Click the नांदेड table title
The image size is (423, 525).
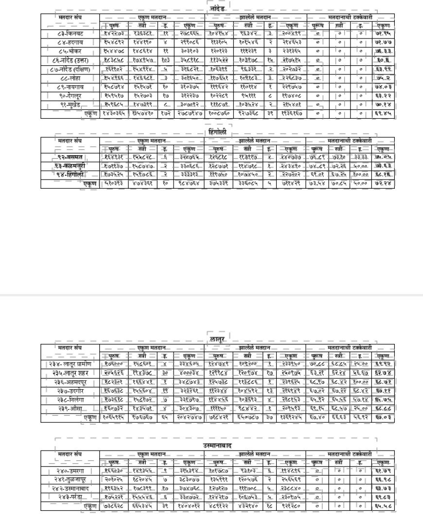pyautogui.click(x=216, y=9)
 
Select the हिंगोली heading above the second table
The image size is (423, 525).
pyautogui.click(x=217, y=132)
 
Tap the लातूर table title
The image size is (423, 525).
pyautogui.click(x=216, y=338)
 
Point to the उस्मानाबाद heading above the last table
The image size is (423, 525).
pyautogui.click(x=217, y=446)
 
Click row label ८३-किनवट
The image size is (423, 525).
pyautogui.click(x=70, y=34)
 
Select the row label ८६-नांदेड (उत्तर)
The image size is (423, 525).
pyautogui.click(x=70, y=60)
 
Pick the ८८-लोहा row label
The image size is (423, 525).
pyautogui.click(x=70, y=78)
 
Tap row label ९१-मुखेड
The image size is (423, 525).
pyautogui.click(x=70, y=105)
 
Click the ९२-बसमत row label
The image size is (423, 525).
pyautogui.click(x=70, y=157)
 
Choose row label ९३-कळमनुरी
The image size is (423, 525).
pyautogui.click(x=70, y=166)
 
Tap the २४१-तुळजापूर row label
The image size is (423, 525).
pyautogui.click(x=70, y=480)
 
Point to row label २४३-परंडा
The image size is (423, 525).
pyautogui.click(x=70, y=497)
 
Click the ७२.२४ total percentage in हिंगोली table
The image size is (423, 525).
pyautogui.click(x=383, y=184)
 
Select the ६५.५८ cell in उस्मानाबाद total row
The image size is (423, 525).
pyautogui.click(x=383, y=507)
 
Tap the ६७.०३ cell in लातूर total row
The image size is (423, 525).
pyautogui.click(x=383, y=418)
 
